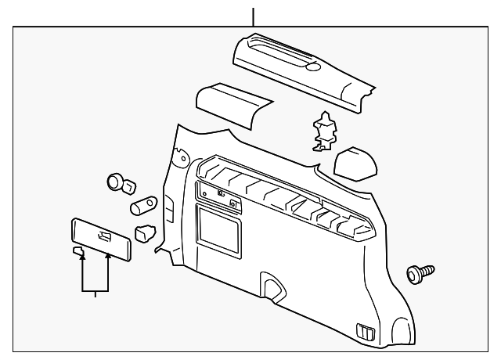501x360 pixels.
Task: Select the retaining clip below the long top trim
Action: [323, 131]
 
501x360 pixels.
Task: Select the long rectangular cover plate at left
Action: [99, 237]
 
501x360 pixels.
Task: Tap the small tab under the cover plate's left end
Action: [77, 250]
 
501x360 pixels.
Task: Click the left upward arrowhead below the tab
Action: [82, 257]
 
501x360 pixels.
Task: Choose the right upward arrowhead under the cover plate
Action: [108, 257]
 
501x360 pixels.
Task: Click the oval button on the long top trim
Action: [313, 68]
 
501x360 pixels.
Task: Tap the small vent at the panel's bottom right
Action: [363, 331]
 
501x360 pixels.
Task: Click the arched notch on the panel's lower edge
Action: [272, 285]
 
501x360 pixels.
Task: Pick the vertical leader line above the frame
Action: [253, 16]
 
